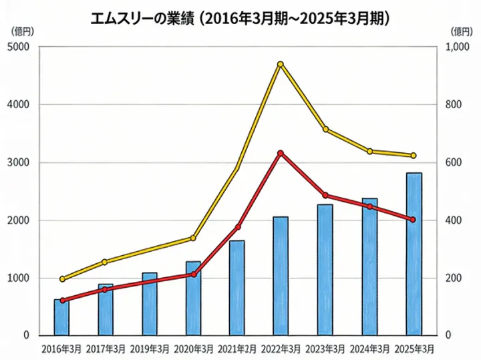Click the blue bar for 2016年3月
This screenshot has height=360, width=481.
(x=61, y=317)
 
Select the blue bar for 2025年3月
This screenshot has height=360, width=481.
(x=414, y=254)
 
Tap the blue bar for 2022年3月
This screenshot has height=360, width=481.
(x=281, y=276)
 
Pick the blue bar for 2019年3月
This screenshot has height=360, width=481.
(x=150, y=304)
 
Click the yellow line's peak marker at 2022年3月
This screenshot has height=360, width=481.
(x=280, y=64)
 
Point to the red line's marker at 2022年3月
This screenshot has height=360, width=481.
(x=280, y=153)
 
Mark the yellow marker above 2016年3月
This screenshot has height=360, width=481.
(x=62, y=279)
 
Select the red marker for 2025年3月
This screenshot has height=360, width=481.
(x=413, y=220)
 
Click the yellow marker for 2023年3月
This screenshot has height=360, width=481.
(x=326, y=129)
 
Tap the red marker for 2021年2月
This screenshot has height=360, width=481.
(x=238, y=227)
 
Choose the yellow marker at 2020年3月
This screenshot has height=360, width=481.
(x=193, y=238)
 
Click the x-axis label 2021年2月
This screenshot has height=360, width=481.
(x=237, y=349)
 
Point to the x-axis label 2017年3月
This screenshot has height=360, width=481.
(x=106, y=349)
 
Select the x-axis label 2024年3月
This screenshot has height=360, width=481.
(x=369, y=349)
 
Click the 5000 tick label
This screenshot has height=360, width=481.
(x=18, y=47)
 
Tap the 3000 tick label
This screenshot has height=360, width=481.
(x=18, y=162)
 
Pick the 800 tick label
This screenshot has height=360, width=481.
(x=454, y=105)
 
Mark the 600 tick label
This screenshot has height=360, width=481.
(x=454, y=162)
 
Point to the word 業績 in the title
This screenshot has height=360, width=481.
(x=180, y=19)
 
